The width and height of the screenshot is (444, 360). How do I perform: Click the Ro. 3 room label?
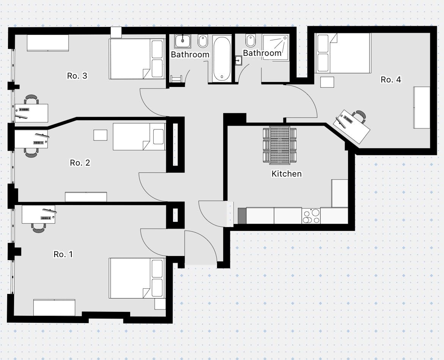click(x=77, y=76)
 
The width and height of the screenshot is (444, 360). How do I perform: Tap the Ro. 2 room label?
click(x=80, y=163)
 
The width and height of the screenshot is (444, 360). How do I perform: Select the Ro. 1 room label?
click(x=63, y=254)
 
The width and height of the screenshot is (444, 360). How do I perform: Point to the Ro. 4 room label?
click(x=390, y=80)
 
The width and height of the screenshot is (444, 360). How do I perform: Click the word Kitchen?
click(x=287, y=174)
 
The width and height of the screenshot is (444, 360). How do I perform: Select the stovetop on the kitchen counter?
click(x=311, y=216)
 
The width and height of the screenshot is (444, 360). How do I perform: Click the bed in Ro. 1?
click(x=137, y=278)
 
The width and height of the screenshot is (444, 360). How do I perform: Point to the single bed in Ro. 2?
click(x=139, y=137)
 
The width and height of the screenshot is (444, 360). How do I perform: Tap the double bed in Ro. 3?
click(x=137, y=59)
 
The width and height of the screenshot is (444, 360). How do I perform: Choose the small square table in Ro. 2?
click(x=101, y=135)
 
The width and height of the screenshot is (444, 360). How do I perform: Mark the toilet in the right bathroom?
click(x=250, y=39)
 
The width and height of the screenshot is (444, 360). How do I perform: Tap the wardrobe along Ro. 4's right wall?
click(x=421, y=107)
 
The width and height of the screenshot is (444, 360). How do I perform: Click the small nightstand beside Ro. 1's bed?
click(x=160, y=304)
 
